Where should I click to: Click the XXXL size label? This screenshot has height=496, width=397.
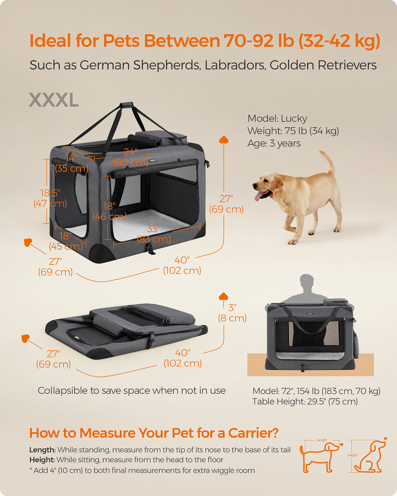[x=54, y=100]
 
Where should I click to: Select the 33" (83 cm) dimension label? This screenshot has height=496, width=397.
[x=153, y=234]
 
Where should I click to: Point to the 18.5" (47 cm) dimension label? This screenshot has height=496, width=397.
[x=50, y=198]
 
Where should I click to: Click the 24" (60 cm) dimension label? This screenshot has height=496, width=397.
[x=131, y=157]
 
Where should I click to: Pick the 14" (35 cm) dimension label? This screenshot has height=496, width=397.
[x=72, y=163]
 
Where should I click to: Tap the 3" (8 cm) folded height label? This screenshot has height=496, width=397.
[x=232, y=313]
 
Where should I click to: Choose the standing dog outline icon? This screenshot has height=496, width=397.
[x=319, y=457]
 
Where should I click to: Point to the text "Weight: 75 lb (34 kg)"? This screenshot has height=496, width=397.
[x=293, y=131]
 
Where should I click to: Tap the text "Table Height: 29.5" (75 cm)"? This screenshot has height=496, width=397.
[x=305, y=402]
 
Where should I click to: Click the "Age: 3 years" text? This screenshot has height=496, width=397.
[x=274, y=143]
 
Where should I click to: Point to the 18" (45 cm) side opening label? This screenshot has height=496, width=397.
[x=66, y=241]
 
